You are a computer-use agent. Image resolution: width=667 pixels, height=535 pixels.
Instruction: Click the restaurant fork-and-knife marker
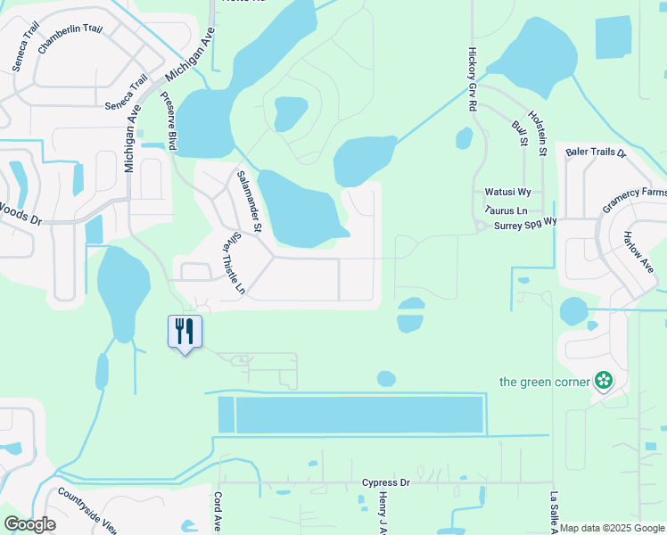(185, 332)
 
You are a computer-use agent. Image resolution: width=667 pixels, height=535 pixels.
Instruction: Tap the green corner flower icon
(604, 382)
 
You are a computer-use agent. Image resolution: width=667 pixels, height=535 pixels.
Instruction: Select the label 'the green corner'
(544, 383)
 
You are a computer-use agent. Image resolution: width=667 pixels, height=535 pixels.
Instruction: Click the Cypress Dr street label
(386, 482)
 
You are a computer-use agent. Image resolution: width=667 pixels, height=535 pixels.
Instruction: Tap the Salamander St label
(248, 202)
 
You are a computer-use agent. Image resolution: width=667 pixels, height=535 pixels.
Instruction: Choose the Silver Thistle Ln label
(230, 263)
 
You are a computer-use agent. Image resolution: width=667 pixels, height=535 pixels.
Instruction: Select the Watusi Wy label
(507, 192)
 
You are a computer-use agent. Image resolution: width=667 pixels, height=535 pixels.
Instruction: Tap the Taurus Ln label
(506, 210)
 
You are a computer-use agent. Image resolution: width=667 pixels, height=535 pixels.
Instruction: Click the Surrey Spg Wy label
(525, 225)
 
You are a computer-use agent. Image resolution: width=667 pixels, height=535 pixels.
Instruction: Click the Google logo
(30, 524)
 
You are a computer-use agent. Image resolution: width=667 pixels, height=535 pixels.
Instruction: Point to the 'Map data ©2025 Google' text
(612, 528)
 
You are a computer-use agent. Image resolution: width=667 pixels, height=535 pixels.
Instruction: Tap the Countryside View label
(86, 509)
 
